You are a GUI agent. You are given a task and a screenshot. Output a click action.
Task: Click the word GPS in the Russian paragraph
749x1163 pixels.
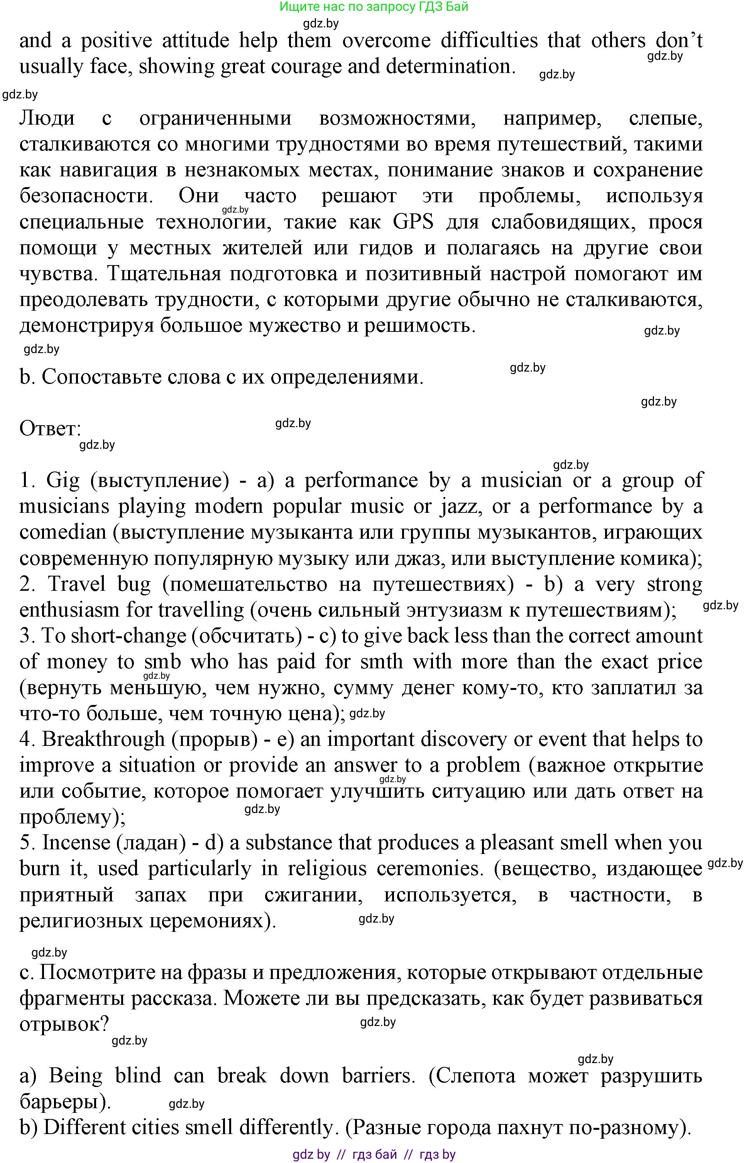[x=413, y=222]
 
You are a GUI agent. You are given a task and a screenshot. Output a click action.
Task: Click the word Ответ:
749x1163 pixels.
[x=50, y=429]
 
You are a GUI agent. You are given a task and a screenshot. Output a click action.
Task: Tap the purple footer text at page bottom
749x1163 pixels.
[x=374, y=1154]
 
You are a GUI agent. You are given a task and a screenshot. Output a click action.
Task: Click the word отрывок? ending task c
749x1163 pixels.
[x=64, y=1024]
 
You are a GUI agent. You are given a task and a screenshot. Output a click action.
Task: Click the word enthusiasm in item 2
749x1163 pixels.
[x=69, y=610]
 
